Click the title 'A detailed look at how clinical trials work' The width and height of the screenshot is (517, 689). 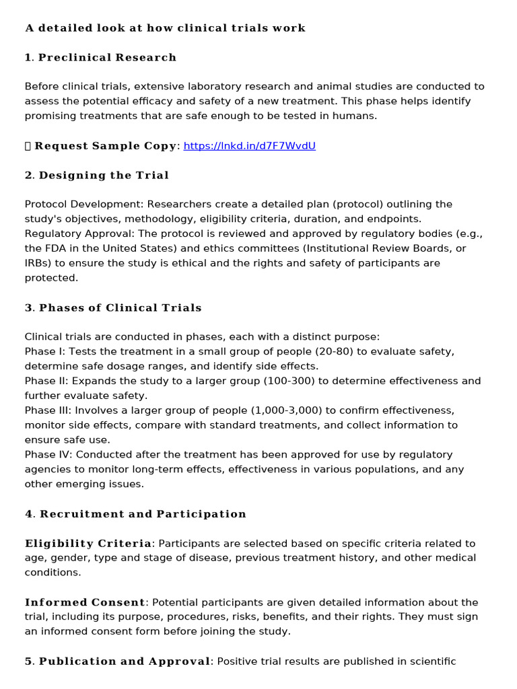(165, 28)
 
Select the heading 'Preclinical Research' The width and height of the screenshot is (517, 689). (107, 58)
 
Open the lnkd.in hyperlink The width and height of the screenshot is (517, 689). (249, 146)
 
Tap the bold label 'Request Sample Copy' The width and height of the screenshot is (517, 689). (106, 146)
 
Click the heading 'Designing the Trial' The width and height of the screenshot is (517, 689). (104, 176)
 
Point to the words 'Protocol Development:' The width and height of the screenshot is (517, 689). (84, 205)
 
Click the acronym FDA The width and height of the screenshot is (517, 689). (55, 248)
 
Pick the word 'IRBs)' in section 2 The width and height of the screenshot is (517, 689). (38, 263)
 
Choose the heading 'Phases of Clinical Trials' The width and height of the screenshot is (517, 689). (120, 308)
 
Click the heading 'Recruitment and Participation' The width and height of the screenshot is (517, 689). (143, 514)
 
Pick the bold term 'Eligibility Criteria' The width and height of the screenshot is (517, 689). (88, 544)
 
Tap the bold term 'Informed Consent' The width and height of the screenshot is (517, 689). (85, 602)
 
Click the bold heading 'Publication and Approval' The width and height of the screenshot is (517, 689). (125, 661)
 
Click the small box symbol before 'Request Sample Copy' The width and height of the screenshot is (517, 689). (28, 146)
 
